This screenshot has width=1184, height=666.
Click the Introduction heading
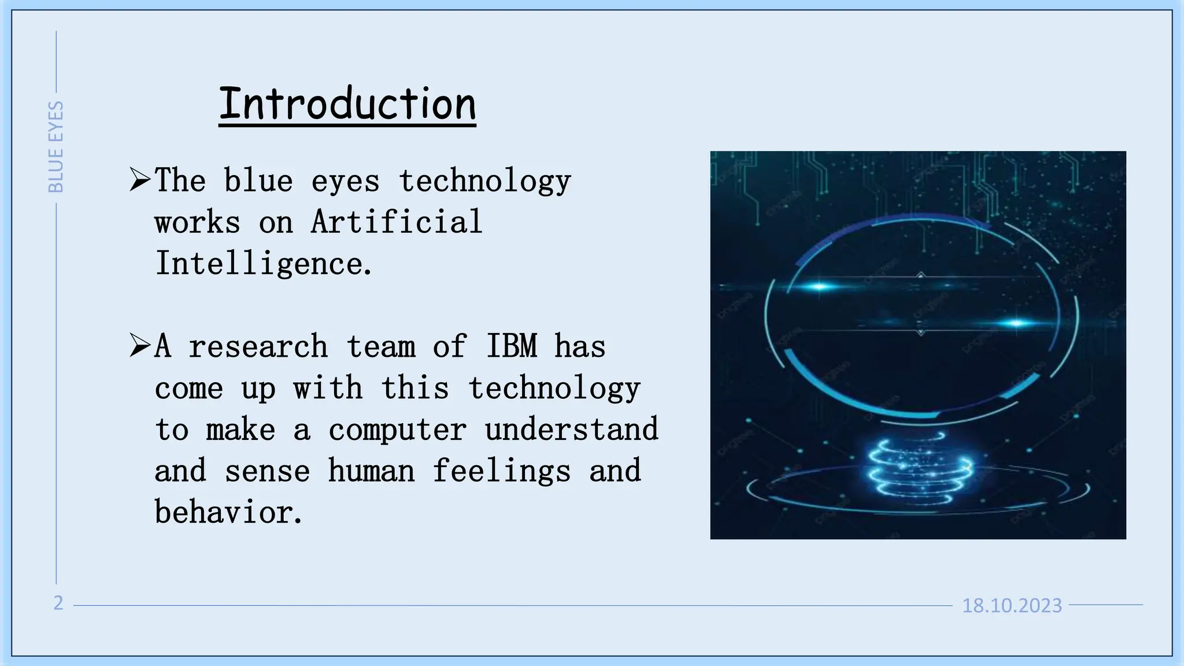pyautogui.click(x=347, y=104)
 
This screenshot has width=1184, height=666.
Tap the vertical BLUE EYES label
pyautogui.click(x=55, y=147)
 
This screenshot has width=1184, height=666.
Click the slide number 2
pyautogui.click(x=58, y=603)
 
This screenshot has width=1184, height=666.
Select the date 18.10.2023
pyautogui.click(x=1012, y=605)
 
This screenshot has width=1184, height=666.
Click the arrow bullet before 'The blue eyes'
pyautogui.click(x=139, y=180)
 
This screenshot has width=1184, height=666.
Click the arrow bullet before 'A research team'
pyautogui.click(x=139, y=346)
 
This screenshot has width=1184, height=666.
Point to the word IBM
pyautogui.click(x=512, y=346)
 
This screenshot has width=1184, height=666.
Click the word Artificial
pyautogui.click(x=397, y=222)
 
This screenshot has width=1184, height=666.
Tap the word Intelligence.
pyautogui.click(x=263, y=264)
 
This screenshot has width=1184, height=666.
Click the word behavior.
pyautogui.click(x=228, y=513)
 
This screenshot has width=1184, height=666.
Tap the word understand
pyautogui.click(x=571, y=430)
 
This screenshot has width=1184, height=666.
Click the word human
pyautogui.click(x=371, y=471)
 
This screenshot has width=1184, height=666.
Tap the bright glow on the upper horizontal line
pyautogui.click(x=819, y=286)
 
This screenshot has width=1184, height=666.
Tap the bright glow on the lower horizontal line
pyautogui.click(x=1016, y=323)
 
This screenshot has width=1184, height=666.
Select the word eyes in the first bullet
pyautogui.click(x=345, y=181)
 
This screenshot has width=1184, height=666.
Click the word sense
pyautogui.click(x=267, y=471)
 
